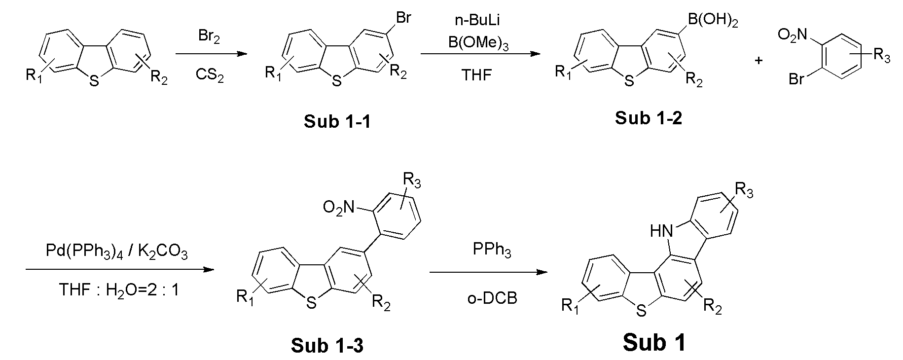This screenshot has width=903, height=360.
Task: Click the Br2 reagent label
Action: tap(209, 36)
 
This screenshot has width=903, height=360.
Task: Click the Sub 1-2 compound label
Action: tap(648, 118)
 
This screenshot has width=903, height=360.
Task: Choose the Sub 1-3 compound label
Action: tap(327, 346)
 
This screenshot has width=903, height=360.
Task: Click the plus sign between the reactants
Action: tap(759, 61)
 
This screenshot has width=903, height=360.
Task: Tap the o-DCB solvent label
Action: tap(492, 298)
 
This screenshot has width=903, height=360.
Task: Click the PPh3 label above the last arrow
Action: tap(492, 251)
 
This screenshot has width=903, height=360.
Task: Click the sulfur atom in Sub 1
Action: tap(641, 310)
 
